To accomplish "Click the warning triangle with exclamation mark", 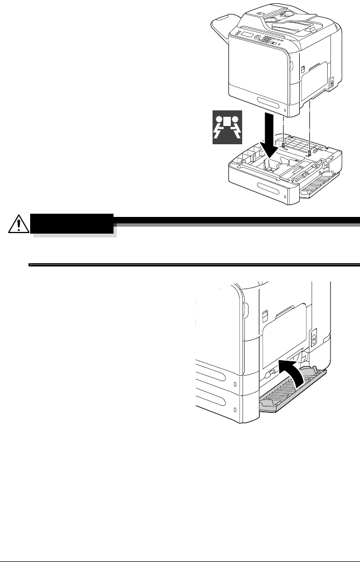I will [x=18, y=223].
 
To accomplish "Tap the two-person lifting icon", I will [x=228, y=127].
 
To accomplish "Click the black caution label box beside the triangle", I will [x=73, y=222].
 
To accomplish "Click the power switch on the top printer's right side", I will [x=331, y=82].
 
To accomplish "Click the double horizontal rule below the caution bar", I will [x=194, y=264].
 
